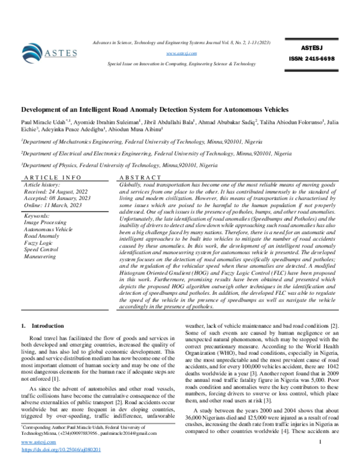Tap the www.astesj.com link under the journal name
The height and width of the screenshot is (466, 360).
[182, 53]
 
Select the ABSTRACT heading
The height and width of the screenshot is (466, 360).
[140, 178]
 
